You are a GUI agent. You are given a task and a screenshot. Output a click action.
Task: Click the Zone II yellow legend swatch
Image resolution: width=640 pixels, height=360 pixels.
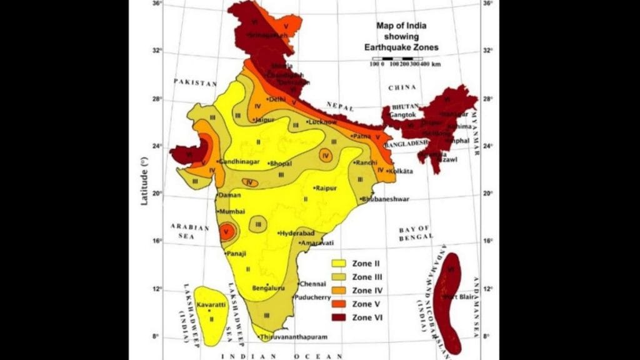point(339,263)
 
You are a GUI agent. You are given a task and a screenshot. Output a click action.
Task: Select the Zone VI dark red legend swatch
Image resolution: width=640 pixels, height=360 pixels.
point(339,317)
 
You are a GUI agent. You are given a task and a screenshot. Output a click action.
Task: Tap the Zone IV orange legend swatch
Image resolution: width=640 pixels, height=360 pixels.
point(339,291)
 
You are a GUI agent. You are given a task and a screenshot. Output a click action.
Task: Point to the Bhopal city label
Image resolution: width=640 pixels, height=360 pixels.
point(281,164)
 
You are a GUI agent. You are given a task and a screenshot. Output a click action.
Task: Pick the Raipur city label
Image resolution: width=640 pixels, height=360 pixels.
point(327,188)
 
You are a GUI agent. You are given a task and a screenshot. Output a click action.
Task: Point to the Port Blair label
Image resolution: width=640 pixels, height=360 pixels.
point(457,296)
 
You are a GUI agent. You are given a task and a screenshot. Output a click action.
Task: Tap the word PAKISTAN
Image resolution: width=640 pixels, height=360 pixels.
point(195,82)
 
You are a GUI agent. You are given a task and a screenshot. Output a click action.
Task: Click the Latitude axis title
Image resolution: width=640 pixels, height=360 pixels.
point(144,182)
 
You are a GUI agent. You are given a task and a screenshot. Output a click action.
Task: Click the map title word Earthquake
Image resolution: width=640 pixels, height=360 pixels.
point(394,47)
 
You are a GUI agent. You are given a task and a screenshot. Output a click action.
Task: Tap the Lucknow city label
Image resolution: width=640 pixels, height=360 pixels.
point(324,122)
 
